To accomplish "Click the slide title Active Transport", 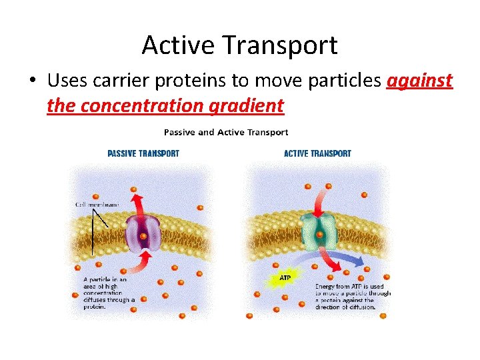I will point(239,45).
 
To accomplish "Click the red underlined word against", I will point(419,81).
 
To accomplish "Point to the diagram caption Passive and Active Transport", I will point(226,132).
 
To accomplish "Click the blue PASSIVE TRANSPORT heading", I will point(143,153).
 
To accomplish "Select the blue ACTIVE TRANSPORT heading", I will point(317,153).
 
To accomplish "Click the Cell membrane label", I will point(97,205).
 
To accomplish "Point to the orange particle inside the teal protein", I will point(320,235).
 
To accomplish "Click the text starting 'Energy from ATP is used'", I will point(353,297).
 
